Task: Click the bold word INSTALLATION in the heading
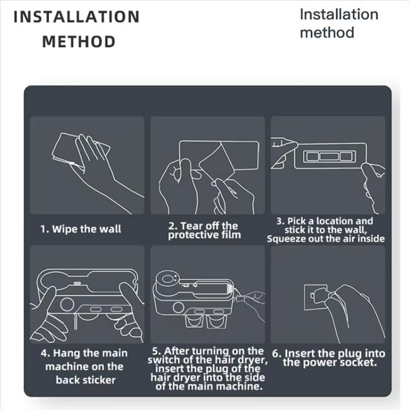click(x=77, y=17)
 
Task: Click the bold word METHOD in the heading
click(x=79, y=42)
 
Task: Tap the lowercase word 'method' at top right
click(x=327, y=33)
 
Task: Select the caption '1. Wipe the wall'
click(x=81, y=229)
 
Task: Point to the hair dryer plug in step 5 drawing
click(x=240, y=298)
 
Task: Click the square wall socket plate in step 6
click(x=315, y=297)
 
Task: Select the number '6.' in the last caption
click(x=277, y=354)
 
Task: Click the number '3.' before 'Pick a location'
click(x=280, y=221)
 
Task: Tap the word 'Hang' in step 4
click(x=65, y=354)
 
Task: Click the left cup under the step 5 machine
click(x=194, y=321)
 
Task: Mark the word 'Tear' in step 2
click(x=190, y=226)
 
